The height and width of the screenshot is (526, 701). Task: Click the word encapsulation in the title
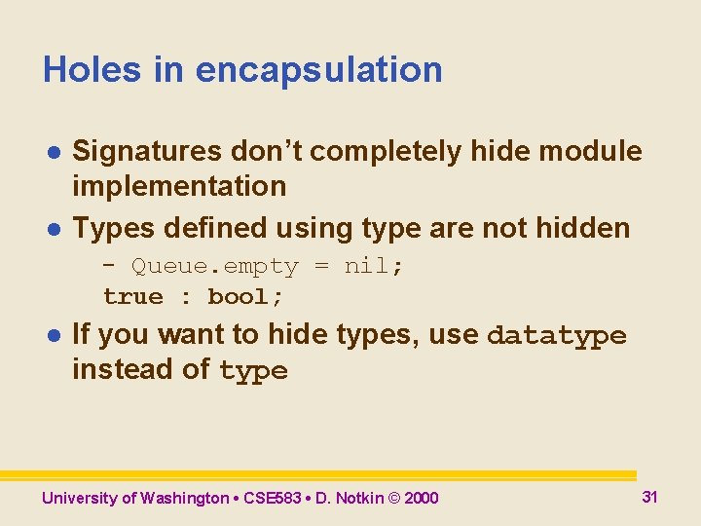click(x=319, y=71)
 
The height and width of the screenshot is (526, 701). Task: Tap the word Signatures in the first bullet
click(x=147, y=151)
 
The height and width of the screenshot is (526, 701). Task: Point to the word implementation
click(x=179, y=186)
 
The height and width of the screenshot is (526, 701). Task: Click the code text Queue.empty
click(x=215, y=266)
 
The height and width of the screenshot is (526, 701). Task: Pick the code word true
click(x=133, y=296)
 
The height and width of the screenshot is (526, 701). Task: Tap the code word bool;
click(x=245, y=296)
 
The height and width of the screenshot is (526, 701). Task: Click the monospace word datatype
click(x=556, y=336)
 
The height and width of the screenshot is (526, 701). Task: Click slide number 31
click(x=649, y=497)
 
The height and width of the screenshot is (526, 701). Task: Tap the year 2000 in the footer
click(x=421, y=499)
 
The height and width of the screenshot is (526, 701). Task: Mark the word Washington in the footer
click(x=184, y=499)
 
